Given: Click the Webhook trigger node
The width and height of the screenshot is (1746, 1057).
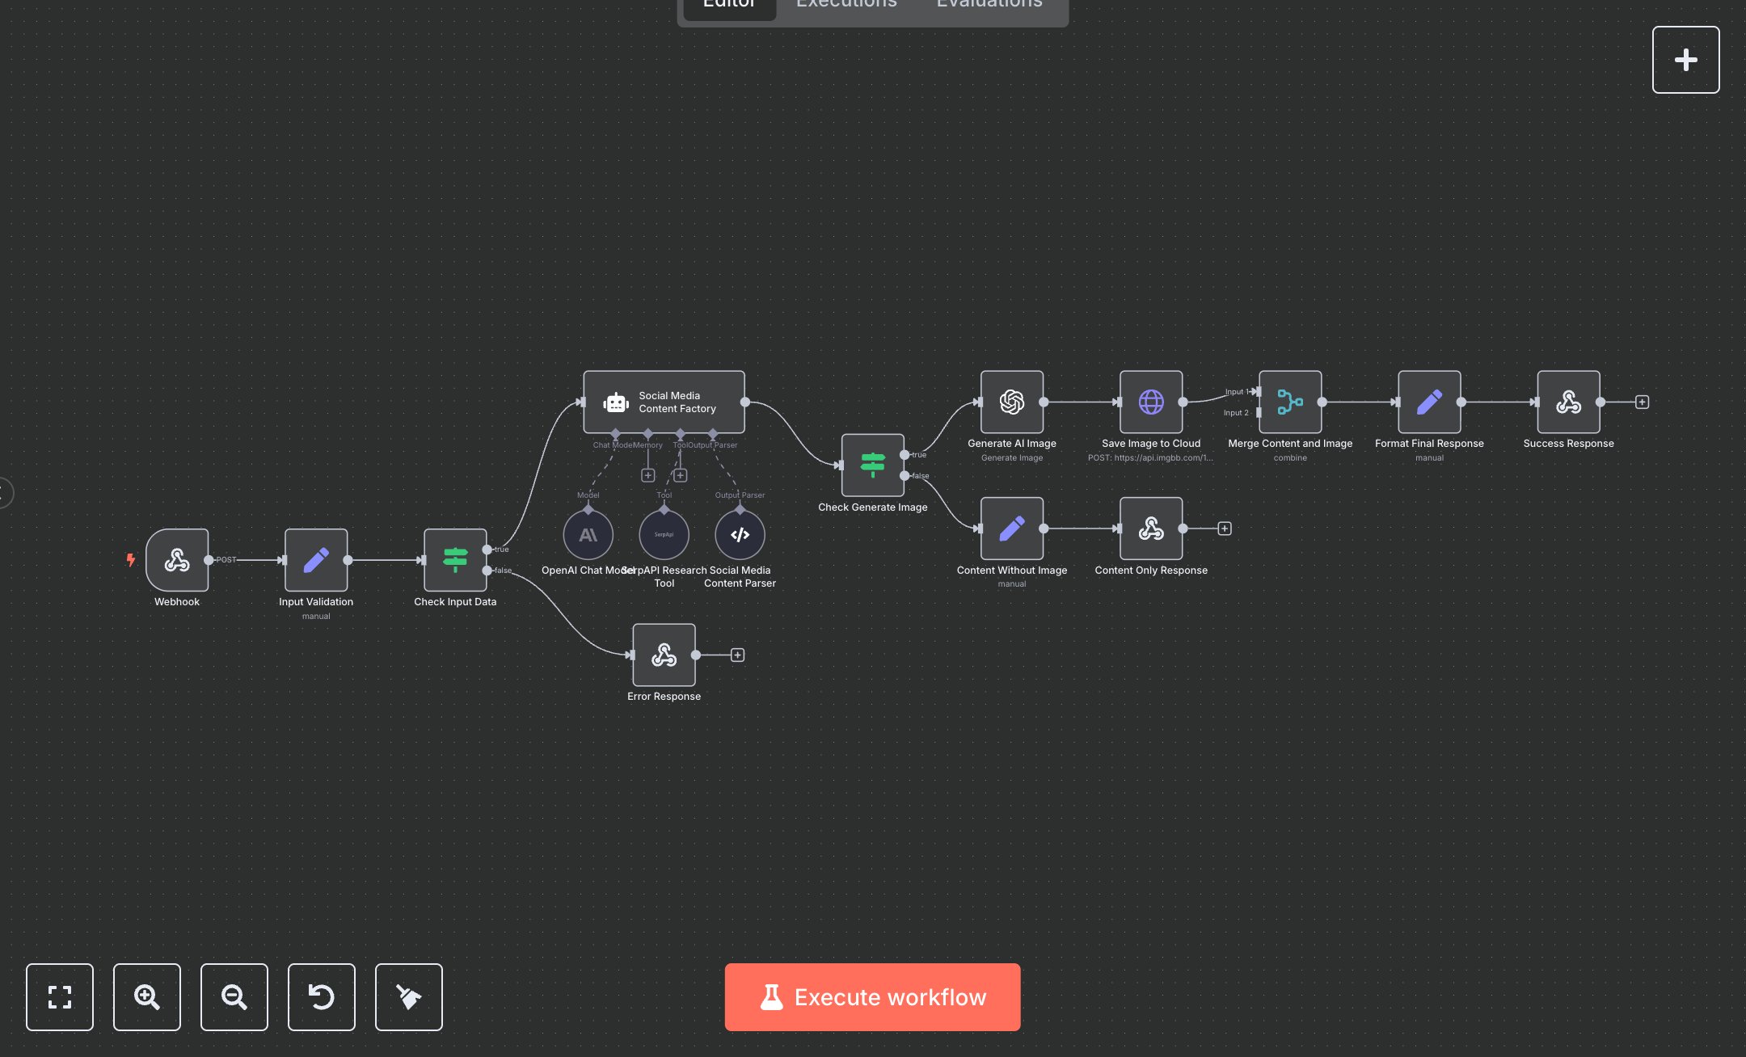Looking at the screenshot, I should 177,560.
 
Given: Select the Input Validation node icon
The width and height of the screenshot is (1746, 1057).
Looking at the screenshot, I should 316,560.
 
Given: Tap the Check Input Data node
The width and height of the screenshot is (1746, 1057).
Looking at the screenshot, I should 455,560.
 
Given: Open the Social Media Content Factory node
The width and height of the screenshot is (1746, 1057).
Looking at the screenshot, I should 664,402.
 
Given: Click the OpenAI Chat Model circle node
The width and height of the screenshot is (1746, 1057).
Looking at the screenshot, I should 588,535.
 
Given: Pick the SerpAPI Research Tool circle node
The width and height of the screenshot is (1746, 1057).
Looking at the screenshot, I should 664,535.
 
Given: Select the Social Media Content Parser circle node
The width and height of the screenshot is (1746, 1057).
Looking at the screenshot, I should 740,535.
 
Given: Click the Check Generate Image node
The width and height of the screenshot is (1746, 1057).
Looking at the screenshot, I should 872,465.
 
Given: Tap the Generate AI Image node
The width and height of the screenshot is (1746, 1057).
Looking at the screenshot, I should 1012,402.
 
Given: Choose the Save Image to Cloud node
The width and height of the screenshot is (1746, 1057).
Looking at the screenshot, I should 1151,402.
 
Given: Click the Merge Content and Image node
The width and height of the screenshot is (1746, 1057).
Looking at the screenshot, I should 1290,402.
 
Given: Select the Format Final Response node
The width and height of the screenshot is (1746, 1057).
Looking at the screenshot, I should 1429,402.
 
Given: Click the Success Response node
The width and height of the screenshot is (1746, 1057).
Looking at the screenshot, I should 1568,402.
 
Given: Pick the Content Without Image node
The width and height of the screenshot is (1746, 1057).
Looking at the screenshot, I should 1012,528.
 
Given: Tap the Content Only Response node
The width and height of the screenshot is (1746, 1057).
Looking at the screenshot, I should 1151,528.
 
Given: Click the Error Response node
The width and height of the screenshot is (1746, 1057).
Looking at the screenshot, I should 664,655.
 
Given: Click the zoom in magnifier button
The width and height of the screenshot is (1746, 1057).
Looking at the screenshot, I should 147,997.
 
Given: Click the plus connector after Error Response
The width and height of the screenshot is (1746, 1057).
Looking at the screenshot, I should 737,655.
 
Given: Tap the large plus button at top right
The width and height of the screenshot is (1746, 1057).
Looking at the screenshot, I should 1685,60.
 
